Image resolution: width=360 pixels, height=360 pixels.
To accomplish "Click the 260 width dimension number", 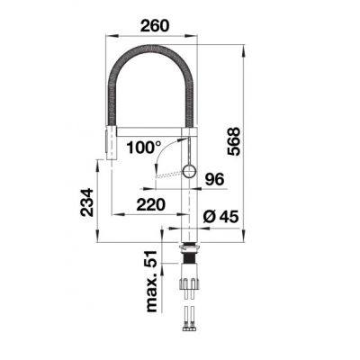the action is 155,25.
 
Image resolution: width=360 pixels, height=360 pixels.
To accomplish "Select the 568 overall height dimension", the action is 233,141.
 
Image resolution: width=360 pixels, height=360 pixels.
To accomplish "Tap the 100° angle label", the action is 144,148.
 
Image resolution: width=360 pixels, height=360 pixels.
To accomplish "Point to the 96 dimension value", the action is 214,179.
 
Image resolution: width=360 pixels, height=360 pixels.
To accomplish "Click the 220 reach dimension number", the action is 151,205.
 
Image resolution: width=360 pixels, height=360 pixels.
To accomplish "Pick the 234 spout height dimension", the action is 86,202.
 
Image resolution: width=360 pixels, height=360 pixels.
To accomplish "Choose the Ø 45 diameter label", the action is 220,216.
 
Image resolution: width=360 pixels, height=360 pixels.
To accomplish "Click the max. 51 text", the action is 152,281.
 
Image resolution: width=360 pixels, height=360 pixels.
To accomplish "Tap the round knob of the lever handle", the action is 189,172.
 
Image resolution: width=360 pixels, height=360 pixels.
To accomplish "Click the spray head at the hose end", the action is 111,143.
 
